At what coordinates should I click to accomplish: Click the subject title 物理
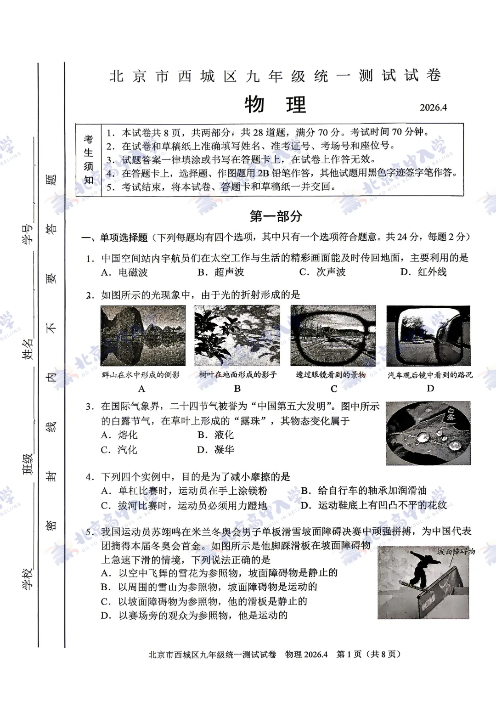click(x=275, y=105)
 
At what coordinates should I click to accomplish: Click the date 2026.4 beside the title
click(x=433, y=107)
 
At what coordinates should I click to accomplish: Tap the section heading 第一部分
click(x=276, y=216)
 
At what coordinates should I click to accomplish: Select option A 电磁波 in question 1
click(x=124, y=272)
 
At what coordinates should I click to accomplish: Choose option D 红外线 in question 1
click(x=423, y=272)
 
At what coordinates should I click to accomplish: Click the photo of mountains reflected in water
click(x=143, y=335)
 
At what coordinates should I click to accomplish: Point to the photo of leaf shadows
click(x=237, y=335)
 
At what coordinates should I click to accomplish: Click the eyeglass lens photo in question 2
click(x=333, y=335)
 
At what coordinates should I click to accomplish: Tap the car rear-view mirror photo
click(x=428, y=335)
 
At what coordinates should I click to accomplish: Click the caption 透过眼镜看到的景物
click(x=331, y=375)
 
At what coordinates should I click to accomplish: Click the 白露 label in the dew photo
click(x=451, y=415)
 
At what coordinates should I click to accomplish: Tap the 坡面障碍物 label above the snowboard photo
click(x=456, y=551)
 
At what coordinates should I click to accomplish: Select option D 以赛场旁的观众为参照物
click(x=194, y=615)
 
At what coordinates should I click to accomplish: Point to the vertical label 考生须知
click(x=89, y=159)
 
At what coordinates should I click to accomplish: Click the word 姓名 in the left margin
click(x=28, y=349)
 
